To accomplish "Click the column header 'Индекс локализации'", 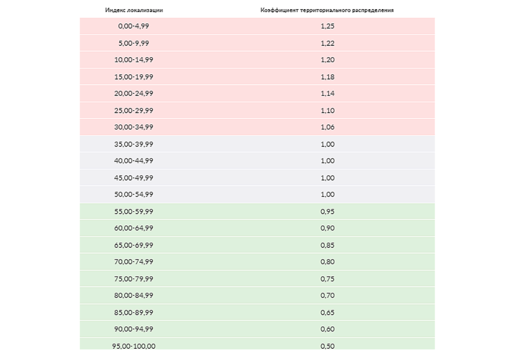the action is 134,10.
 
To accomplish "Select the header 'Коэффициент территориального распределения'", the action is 327,10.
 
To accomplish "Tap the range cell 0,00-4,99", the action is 133,26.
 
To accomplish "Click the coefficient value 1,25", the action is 327,26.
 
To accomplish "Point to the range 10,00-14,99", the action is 133,59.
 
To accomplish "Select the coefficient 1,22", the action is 327,43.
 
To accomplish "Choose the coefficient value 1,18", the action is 327,77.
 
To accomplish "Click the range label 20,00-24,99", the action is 133,93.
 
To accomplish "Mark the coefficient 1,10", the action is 327,110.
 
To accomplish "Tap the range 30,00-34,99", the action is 133,127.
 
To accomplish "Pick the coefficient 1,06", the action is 327,127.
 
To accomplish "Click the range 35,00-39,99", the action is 133,144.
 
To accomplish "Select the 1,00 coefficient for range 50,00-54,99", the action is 327,194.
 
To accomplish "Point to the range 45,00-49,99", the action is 133,177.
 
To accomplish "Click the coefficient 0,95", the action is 327,211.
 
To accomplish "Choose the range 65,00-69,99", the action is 133,245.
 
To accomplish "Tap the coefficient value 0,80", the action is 327,261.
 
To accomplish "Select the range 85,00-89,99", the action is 133,312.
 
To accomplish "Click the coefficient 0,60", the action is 327,329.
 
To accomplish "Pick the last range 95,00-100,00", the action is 133,346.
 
